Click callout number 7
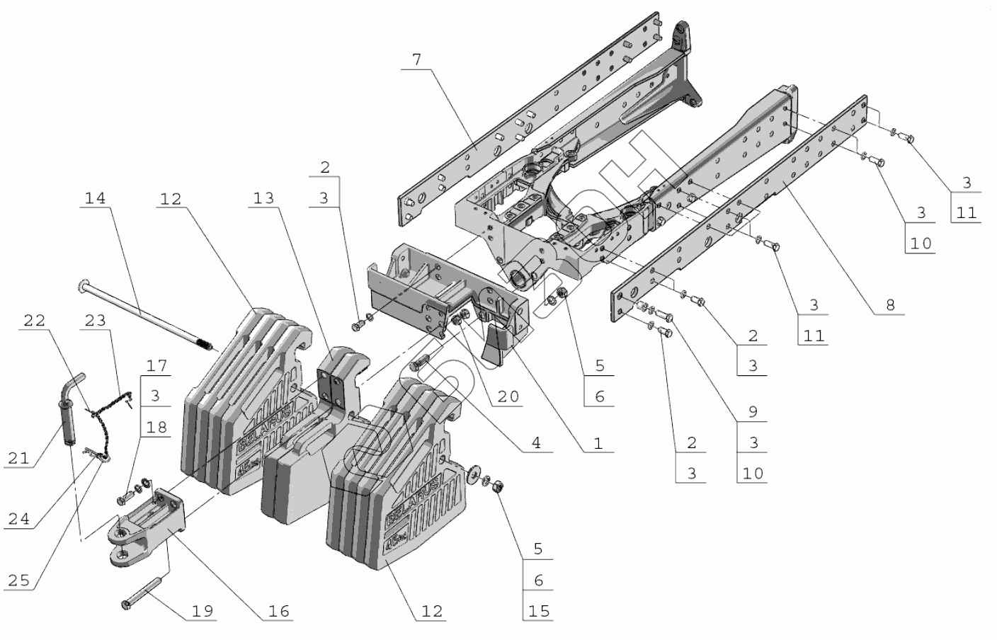pos(416,59)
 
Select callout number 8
pos(890,305)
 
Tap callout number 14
pos(95,198)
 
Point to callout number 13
pos(263,199)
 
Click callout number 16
pos(279,611)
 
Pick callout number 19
pos(203,611)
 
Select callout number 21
pos(18,458)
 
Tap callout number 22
pos(34,321)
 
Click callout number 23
pos(95,321)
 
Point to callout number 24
pos(18,519)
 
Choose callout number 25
pos(18,581)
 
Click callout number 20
pos(508,397)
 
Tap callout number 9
pos(753,411)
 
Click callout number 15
pos(539,611)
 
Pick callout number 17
pos(156,366)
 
